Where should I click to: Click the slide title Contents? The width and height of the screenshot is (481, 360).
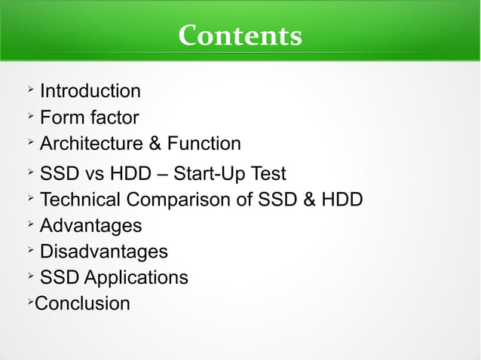coord(240,35)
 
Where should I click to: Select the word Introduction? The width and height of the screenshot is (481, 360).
coord(90,92)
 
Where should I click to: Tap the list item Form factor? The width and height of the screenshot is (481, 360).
coord(89,117)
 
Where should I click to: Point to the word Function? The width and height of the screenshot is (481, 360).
coord(204,144)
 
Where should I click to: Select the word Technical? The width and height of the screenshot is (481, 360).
coord(80,200)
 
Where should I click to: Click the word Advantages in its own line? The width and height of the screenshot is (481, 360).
coord(90,225)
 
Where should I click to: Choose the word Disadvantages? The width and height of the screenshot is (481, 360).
coord(103,252)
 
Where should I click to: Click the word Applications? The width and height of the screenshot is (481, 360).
coord(136,277)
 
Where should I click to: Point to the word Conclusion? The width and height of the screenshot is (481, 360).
coord(82,304)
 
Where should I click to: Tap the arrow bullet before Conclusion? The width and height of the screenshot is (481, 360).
coord(29,302)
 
